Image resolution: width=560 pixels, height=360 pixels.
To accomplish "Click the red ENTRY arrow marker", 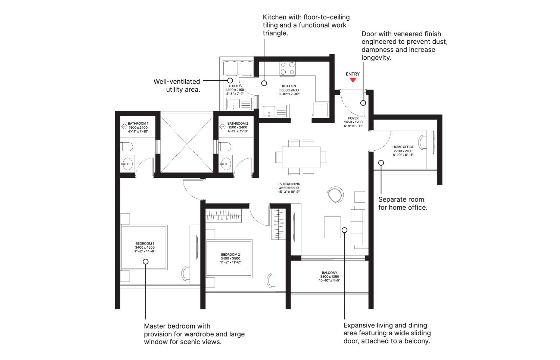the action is click(353, 80).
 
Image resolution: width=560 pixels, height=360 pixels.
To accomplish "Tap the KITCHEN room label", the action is click(289, 86).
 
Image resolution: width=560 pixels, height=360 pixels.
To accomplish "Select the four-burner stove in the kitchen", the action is click(287, 68).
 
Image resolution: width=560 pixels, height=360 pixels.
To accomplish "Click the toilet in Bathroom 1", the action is click(127, 147).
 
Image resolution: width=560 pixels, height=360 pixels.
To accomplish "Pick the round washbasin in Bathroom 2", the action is click(226, 164).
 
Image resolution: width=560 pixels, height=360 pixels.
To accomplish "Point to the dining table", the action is click(301, 157).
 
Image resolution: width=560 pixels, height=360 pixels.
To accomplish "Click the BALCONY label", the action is click(329, 273).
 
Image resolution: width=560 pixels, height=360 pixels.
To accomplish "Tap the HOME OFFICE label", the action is click(403, 147).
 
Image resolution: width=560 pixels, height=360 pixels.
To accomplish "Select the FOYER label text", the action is click(353, 118).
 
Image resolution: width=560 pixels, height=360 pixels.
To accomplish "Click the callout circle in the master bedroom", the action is click(146, 261).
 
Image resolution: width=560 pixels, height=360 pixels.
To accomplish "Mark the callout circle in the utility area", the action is click(230, 81).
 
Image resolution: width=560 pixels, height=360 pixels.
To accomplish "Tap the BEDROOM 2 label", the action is click(230, 254).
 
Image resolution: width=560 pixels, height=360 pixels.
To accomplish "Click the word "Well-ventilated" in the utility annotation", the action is click(176, 82).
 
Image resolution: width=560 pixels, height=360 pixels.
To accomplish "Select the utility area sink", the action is click(239, 104).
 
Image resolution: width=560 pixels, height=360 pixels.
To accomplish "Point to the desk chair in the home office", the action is click(423, 143).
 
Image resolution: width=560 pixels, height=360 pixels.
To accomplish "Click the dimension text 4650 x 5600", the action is click(289, 188).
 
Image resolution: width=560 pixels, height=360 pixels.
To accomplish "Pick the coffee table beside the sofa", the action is click(332, 227).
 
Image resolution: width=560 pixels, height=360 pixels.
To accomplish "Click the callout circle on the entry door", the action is click(363, 103).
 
